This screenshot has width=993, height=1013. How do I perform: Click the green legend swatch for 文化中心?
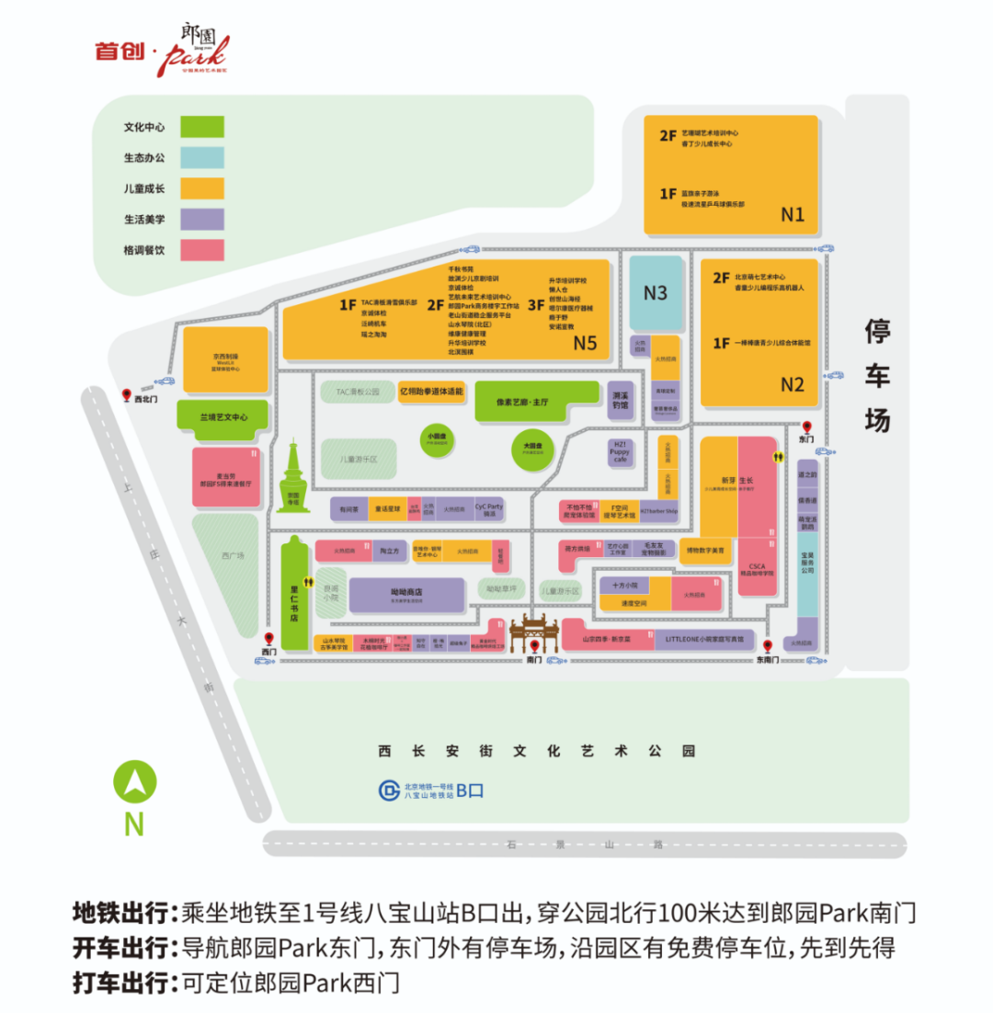[x=202, y=127]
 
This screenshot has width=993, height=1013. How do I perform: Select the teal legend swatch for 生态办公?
[x=202, y=158]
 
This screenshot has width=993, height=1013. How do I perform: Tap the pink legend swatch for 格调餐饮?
[x=202, y=250]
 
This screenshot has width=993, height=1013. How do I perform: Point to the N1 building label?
[x=793, y=214]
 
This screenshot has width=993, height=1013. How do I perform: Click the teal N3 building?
[x=656, y=293]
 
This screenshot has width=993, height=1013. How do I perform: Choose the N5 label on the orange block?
[x=586, y=343]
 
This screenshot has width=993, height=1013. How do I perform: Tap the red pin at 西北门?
[x=128, y=395]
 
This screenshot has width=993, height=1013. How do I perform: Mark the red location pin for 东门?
[x=806, y=427]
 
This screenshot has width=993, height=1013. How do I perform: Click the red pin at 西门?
[x=269, y=640]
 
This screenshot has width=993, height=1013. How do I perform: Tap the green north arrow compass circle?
[x=134, y=784]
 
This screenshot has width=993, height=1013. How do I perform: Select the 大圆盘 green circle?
[x=533, y=450]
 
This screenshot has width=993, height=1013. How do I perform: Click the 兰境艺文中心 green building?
[x=223, y=416]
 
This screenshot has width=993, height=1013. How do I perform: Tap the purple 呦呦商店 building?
[x=405, y=595]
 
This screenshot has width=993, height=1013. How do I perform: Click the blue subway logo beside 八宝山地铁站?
[x=390, y=790]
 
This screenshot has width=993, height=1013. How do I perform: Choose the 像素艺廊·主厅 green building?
[x=528, y=401]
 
